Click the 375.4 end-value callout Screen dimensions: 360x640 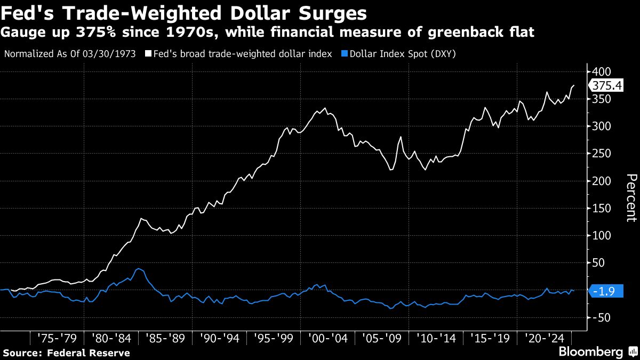point(607,85)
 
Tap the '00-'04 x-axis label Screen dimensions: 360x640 point(327,338)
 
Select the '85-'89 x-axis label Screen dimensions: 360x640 point(165,338)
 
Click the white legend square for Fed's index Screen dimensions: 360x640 point(148,54)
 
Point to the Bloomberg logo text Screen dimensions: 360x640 point(590,352)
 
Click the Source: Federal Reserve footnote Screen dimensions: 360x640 point(66,353)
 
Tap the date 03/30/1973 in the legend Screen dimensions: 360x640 point(113,54)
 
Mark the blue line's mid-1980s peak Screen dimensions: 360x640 point(139,269)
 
